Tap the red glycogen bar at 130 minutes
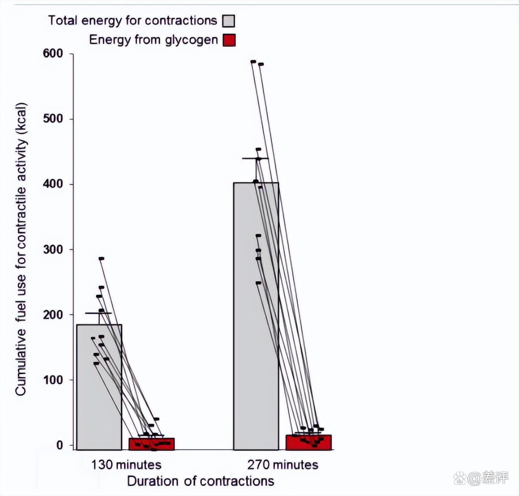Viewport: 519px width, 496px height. [152, 444]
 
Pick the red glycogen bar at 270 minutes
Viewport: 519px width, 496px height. [308, 442]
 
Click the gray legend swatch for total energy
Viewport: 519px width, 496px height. [229, 21]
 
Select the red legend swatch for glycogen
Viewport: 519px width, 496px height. [229, 40]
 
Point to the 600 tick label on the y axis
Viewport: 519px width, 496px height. [53, 54]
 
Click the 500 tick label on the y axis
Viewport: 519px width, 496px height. [53, 119]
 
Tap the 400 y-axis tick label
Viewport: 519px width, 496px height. [53, 184]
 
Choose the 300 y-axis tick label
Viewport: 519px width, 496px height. [53, 249]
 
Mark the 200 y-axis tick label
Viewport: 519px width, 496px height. [53, 315]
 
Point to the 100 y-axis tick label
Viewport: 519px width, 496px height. [53, 380]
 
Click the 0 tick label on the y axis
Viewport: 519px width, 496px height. [60, 445]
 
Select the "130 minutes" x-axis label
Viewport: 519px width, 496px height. [126, 465]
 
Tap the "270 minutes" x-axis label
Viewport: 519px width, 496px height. [283, 465]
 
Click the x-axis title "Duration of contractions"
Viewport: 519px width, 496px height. [201, 481]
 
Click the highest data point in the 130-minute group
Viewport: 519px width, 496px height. [101, 259]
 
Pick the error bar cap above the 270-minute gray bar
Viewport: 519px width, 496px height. [255, 158]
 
